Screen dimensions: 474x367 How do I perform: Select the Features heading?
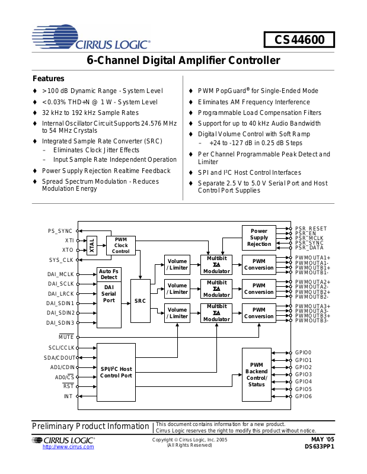pyautogui.click(x=49, y=79)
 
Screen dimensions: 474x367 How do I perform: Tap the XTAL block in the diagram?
pyautogui.click(x=92, y=245)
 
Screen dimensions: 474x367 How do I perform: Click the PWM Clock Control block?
pyautogui.click(x=121, y=245)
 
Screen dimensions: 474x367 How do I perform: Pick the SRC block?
pyautogui.click(x=140, y=301)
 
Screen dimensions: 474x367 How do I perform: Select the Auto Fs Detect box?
pyautogui.click(x=108, y=274)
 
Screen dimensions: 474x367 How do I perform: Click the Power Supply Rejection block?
pyautogui.click(x=259, y=238)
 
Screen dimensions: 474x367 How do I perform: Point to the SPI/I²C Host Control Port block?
pyautogui.click(x=116, y=372)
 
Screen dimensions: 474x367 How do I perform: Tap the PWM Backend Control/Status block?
pyautogui.click(x=257, y=375)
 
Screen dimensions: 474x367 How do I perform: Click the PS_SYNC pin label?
pyautogui.click(x=60, y=231)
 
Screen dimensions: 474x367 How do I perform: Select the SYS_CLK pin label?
pyautogui.click(x=61, y=260)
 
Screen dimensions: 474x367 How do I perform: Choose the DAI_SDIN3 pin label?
pyautogui.click(x=60, y=323)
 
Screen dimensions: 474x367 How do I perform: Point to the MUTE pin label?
pyautogui.click(x=66, y=337)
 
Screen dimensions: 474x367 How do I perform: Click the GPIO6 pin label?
pyautogui.click(x=303, y=396)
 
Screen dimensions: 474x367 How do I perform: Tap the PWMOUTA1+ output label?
pyautogui.click(x=312, y=258)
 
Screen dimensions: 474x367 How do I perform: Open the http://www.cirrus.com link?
pyautogui.click(x=68, y=447)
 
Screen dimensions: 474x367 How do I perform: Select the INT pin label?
pyautogui.click(x=68, y=396)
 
